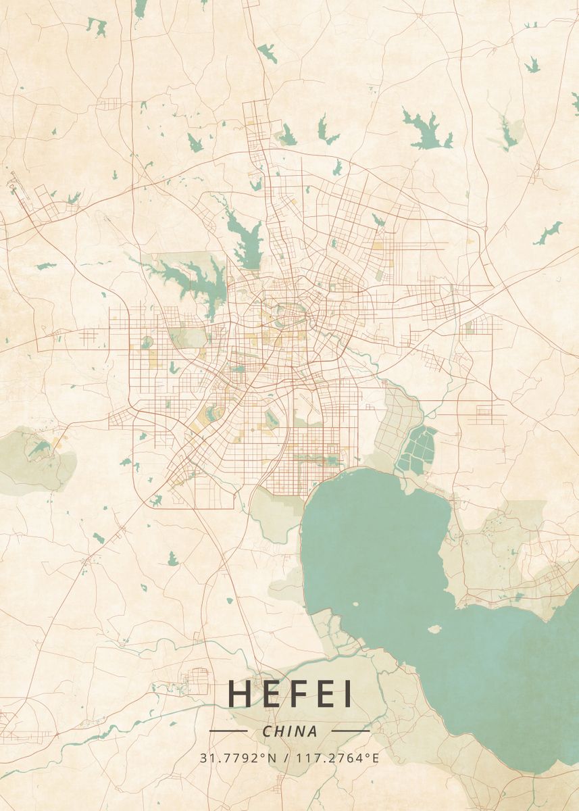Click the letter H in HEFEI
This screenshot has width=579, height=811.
pyautogui.click(x=241, y=693)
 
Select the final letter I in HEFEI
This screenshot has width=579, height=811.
pyautogui.click(x=348, y=693)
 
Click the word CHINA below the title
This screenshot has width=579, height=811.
pyautogui.click(x=289, y=731)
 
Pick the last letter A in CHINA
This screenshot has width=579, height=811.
pyautogui.click(x=312, y=731)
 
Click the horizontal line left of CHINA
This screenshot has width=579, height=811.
pyautogui.click(x=228, y=731)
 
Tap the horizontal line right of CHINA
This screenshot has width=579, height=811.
pyautogui.click(x=351, y=731)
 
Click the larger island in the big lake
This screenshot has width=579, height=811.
pyautogui.click(x=434, y=629)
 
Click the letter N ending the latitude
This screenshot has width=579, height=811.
pyautogui.click(x=272, y=758)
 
